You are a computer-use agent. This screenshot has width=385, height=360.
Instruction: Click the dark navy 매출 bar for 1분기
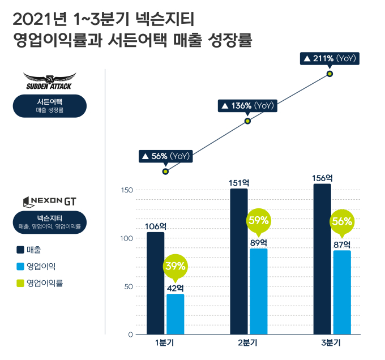tap(155, 283)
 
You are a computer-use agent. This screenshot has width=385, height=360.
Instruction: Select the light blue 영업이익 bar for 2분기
tap(258, 292)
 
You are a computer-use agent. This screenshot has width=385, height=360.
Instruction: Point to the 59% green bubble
tap(258, 221)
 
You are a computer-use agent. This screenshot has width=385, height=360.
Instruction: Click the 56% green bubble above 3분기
tap(341, 222)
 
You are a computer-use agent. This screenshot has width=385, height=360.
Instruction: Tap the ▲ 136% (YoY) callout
tap(247, 106)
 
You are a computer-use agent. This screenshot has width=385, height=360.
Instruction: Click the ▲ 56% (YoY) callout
tap(165, 156)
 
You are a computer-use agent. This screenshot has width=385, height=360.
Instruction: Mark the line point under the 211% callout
tap(330, 74)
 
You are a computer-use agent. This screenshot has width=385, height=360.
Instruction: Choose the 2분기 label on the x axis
tap(247, 344)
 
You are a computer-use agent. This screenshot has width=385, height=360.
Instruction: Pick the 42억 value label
tap(175, 288)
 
